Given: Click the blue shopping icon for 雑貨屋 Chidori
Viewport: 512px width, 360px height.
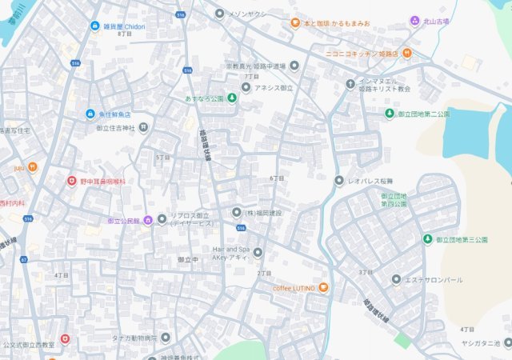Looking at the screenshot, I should [x=94, y=26].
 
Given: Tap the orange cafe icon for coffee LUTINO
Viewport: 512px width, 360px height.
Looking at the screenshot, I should [x=323, y=287].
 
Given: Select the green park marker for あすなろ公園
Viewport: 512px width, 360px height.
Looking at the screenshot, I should [x=232, y=98].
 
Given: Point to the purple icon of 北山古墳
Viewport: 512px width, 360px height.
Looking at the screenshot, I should [x=414, y=21].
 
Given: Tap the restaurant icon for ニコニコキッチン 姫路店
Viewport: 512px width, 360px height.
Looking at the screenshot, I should [x=406, y=53].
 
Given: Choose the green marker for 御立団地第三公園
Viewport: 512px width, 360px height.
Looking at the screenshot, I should [x=428, y=239].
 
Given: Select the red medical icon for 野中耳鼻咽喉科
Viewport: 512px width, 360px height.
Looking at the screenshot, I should [x=71, y=182].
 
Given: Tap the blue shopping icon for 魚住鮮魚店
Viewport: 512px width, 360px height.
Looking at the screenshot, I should [x=90, y=114].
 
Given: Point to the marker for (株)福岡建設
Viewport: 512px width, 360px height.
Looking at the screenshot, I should [x=237, y=213].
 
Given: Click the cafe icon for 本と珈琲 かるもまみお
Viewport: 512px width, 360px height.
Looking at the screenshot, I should [x=295, y=23].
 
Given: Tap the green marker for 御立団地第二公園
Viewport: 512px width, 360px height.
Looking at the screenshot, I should [x=390, y=114].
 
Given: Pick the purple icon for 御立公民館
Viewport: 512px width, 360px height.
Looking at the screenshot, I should [x=147, y=221].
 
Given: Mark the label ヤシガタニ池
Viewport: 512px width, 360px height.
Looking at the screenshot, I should [x=480, y=343].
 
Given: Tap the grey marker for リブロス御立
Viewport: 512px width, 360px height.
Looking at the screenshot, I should [x=162, y=218].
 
